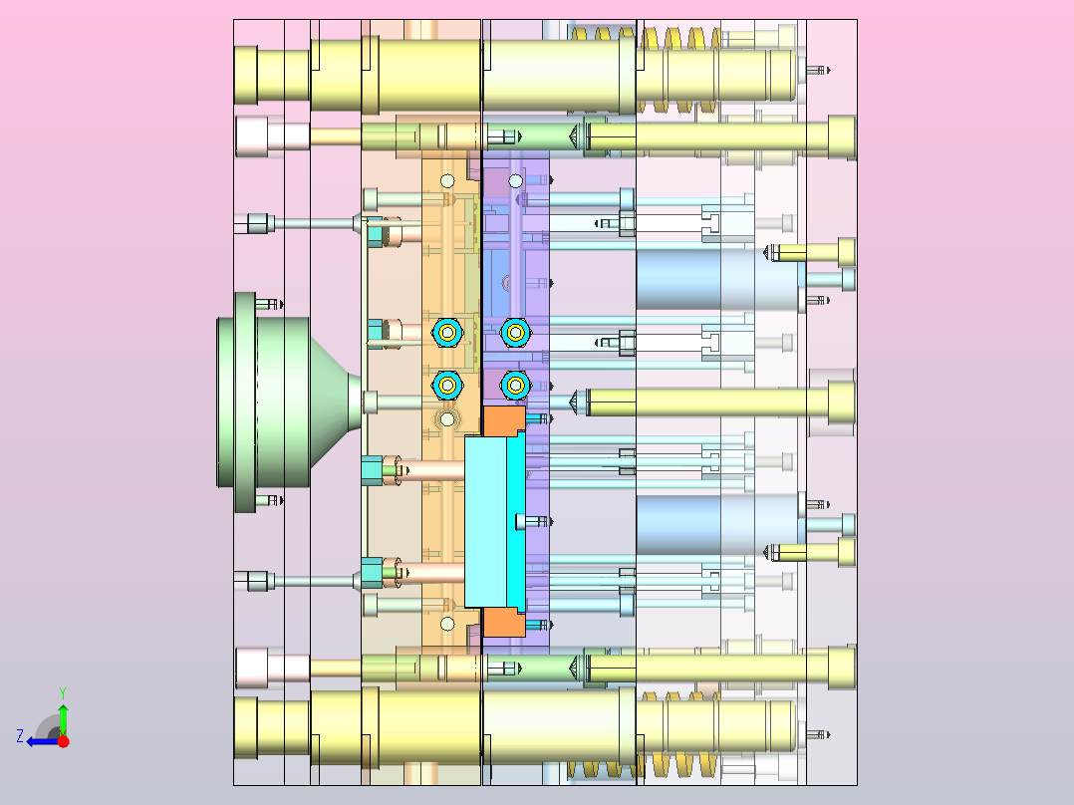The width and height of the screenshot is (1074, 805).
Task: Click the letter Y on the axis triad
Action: pos(63,693)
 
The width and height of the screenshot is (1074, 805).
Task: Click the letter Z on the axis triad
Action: pos(20,736)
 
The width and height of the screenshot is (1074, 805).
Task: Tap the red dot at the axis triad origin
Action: pos(63,741)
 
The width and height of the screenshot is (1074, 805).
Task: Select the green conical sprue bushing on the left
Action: pos(288,402)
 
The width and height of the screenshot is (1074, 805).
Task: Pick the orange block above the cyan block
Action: pos(504,420)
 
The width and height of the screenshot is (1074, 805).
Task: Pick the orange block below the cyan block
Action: pos(504,622)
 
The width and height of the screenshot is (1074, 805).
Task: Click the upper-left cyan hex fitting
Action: pos(447,333)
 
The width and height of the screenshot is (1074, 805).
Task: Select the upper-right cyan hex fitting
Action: pos(516,333)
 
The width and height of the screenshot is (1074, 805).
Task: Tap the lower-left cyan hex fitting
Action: pos(447,386)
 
